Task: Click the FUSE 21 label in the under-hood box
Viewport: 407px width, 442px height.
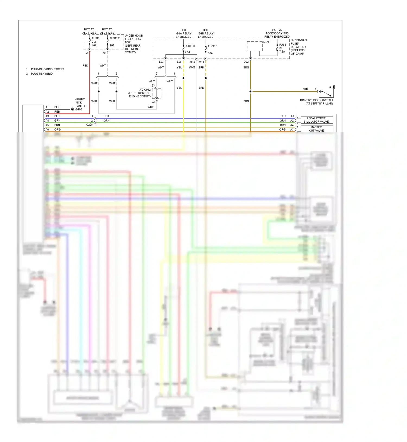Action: [x=115, y=38]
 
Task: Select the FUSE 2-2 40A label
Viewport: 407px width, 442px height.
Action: [x=95, y=42]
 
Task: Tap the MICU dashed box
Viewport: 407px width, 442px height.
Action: [x=255, y=46]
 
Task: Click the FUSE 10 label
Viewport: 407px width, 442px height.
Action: [x=190, y=46]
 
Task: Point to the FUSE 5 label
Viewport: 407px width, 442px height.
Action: [x=212, y=46]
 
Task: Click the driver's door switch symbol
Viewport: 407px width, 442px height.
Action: [x=326, y=91]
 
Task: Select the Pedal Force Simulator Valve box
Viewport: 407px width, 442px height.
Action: [x=316, y=120]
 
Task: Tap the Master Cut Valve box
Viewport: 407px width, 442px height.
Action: [x=316, y=129]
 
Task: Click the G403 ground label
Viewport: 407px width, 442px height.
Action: [x=79, y=109]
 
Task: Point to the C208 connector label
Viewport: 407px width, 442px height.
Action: [x=89, y=125]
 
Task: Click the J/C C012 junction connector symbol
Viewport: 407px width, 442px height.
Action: [x=157, y=94]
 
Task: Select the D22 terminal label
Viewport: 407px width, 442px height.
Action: [x=246, y=62]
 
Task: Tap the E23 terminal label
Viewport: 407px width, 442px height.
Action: [x=161, y=62]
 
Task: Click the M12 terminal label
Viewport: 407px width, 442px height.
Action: [x=192, y=62]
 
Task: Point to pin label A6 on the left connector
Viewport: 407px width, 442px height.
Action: [x=47, y=129]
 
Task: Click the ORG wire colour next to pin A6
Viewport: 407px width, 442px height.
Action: [x=58, y=129]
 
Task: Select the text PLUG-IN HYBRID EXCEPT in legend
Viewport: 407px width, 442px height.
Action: [x=47, y=69]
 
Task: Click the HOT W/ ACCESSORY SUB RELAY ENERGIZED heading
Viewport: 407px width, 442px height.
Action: [x=277, y=33]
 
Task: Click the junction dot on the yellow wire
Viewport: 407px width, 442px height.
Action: [x=183, y=78]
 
